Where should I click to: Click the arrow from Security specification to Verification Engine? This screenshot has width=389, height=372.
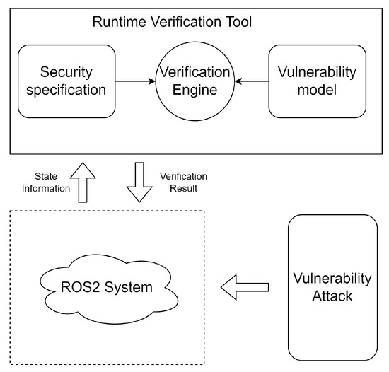134,81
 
